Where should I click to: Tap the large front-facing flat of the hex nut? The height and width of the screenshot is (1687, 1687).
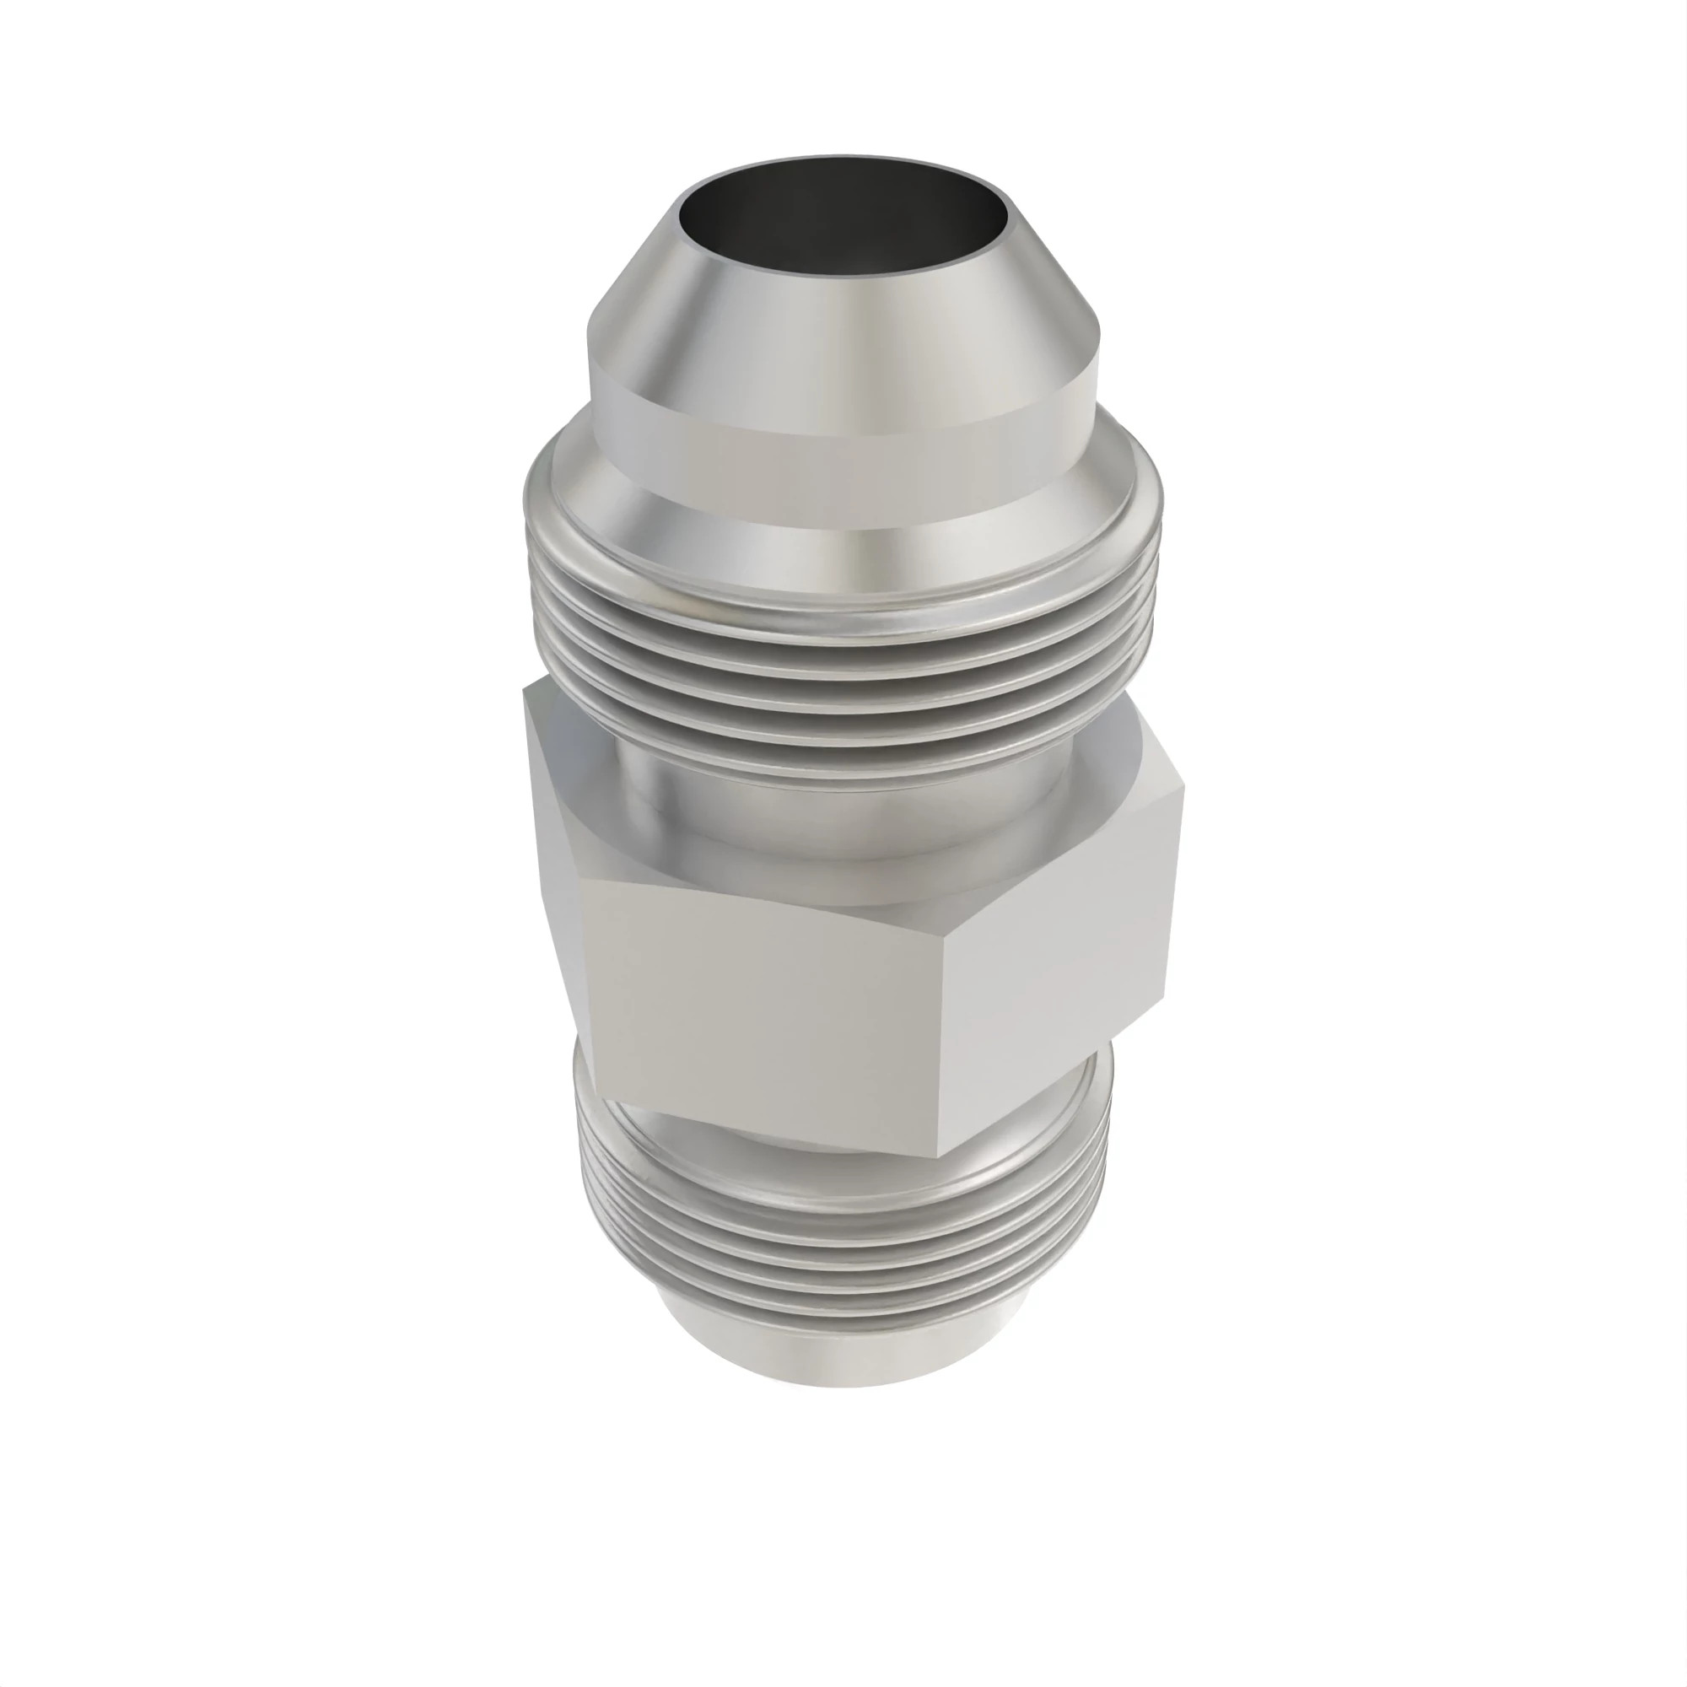click(x=768, y=1004)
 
